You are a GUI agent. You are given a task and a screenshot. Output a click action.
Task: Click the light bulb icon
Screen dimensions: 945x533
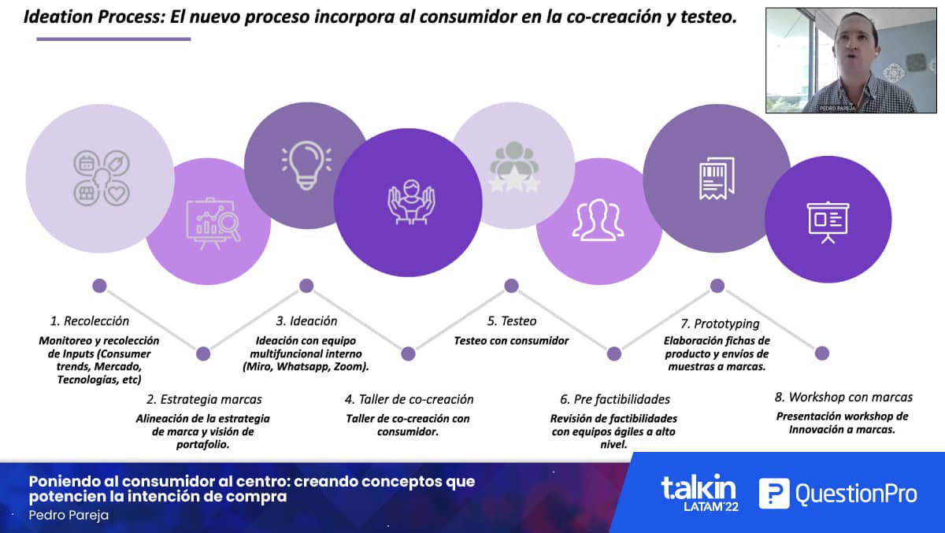[306, 165]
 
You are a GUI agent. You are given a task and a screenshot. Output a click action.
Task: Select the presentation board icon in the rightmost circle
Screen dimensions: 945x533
[828, 222]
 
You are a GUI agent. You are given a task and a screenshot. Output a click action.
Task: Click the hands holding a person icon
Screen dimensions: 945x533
[411, 202]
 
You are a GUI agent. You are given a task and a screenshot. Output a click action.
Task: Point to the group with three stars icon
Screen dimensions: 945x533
[513, 167]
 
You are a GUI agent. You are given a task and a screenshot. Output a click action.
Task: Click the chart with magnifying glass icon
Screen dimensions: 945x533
[213, 224]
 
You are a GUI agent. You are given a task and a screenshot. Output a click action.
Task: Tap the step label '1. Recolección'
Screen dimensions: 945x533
[90, 321]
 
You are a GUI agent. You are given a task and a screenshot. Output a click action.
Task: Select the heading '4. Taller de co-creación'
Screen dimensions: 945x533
[409, 399]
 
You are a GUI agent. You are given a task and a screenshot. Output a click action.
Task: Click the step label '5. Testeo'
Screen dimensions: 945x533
[512, 321]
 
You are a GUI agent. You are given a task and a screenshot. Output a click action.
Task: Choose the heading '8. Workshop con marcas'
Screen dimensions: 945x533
[843, 398]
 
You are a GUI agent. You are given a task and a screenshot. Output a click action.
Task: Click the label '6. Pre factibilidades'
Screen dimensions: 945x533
[615, 399]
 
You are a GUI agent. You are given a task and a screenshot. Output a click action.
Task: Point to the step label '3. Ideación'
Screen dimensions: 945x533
[306, 321]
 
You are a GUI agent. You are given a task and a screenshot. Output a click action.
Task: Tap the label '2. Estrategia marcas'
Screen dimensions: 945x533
[204, 399]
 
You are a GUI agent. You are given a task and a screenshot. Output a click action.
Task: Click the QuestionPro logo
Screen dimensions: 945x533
[838, 494]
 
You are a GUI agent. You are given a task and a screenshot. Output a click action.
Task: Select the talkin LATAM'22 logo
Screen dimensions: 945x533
[699, 493]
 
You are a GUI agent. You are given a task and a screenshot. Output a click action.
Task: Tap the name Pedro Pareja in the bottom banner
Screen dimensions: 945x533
[69, 516]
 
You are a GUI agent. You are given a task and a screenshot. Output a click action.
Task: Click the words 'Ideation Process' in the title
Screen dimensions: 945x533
[94, 17]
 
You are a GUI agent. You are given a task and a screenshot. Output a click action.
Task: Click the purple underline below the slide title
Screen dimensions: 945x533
[113, 39]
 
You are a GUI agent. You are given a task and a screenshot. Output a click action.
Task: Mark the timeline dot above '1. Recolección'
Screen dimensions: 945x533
[99, 286]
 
